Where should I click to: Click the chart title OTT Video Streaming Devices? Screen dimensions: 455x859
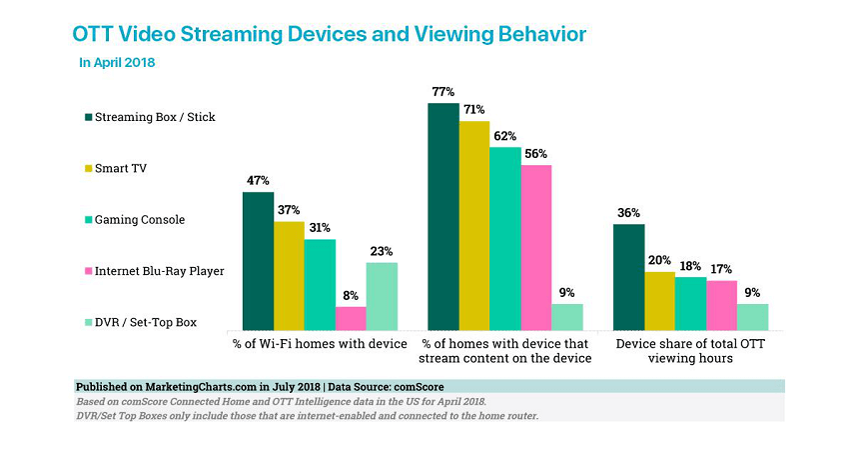(x=330, y=34)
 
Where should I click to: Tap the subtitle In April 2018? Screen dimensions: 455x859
(x=117, y=63)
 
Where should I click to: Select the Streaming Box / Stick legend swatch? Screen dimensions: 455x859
(x=88, y=117)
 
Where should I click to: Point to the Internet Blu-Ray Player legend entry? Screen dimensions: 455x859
(x=160, y=270)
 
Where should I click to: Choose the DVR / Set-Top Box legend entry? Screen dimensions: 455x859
(x=146, y=321)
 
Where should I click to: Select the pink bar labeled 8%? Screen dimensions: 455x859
(x=351, y=318)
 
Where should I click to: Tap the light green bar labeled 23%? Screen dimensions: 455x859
(x=382, y=296)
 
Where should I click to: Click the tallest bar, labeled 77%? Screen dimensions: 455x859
(x=443, y=216)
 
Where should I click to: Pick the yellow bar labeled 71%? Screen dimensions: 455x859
(x=474, y=225)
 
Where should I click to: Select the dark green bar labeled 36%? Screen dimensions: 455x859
(x=628, y=277)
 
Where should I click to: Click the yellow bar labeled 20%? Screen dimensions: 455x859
(x=659, y=300)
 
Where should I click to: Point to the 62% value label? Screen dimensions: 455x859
(x=505, y=136)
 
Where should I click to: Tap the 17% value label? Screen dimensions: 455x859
(x=721, y=269)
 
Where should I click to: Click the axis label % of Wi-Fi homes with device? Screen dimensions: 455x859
(x=320, y=344)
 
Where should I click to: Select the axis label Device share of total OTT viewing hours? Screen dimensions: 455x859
(x=691, y=351)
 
